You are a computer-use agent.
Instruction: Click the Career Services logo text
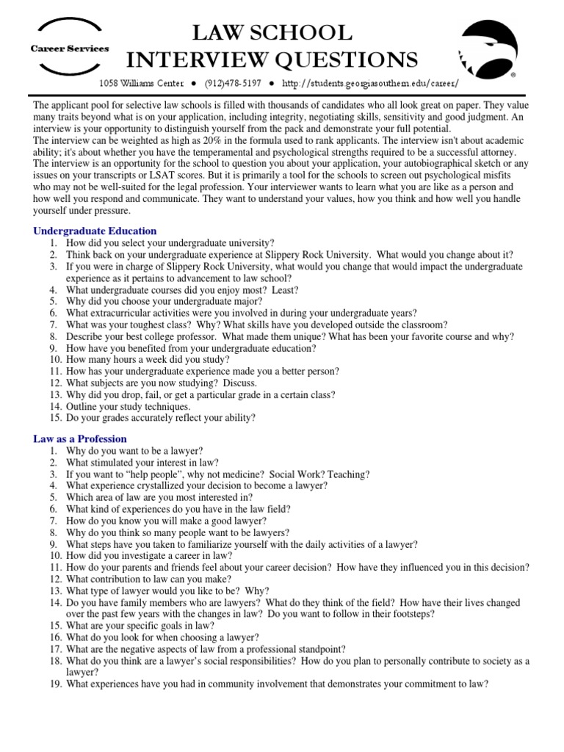69,48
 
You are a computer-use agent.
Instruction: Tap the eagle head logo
488,47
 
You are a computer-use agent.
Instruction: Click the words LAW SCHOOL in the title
272,33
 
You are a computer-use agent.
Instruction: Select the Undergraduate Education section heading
95,231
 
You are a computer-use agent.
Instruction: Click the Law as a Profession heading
80,438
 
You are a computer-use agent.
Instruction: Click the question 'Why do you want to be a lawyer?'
134,450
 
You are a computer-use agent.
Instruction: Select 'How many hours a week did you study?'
148,360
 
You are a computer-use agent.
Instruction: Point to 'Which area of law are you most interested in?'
159,497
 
